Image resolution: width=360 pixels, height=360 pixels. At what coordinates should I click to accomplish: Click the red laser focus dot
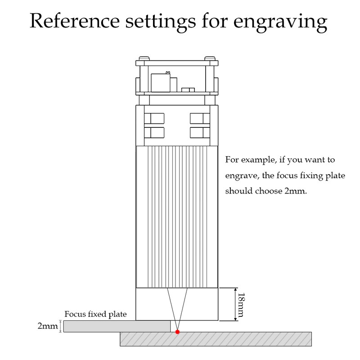click(x=178, y=332)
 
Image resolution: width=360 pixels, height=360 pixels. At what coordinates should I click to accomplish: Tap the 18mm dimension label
click(x=242, y=304)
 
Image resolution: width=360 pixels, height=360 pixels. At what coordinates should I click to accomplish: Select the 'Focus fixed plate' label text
click(x=95, y=314)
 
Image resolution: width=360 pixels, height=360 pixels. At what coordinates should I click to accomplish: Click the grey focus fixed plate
click(x=117, y=326)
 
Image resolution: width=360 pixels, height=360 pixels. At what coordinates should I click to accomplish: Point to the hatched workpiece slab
click(x=216, y=339)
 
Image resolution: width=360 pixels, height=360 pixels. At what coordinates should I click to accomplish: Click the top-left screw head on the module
click(x=144, y=58)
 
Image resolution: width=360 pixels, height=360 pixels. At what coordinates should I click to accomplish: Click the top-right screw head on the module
click(x=210, y=58)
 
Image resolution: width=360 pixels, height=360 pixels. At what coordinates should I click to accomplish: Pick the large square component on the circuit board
click(x=161, y=82)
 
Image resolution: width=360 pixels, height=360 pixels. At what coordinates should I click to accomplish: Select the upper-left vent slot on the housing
click(x=154, y=118)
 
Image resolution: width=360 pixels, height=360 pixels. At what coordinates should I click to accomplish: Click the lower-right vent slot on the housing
click(x=200, y=133)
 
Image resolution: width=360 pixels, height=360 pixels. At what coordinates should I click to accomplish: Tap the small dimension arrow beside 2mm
click(x=60, y=326)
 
